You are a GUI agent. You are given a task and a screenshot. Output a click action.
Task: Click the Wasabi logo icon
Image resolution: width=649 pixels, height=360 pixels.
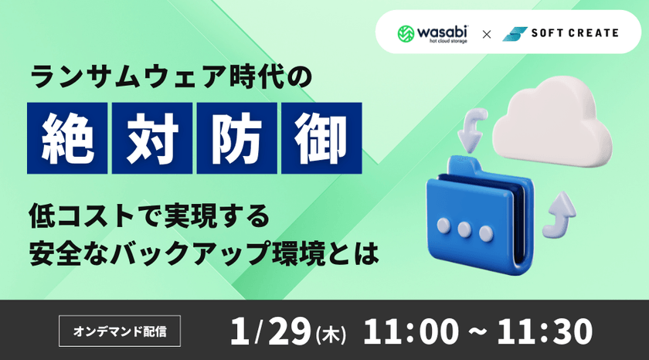point(407,34)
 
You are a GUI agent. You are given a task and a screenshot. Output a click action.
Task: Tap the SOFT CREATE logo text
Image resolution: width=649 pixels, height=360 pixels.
point(574,33)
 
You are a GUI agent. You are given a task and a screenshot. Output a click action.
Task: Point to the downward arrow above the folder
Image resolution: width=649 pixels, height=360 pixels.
point(471,131)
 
